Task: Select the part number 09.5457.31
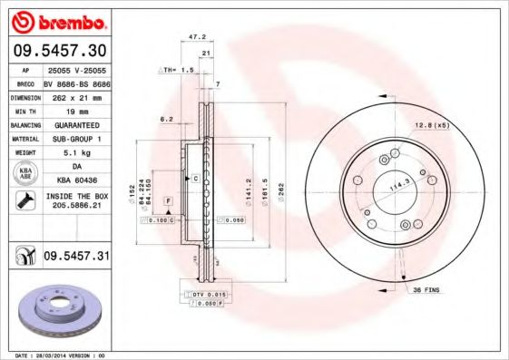pyautogui.click(x=76, y=258)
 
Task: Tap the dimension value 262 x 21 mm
pyautogui.click(x=76, y=97)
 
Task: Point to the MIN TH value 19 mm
pyautogui.click(x=76, y=110)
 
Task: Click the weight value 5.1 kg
pyautogui.click(x=76, y=153)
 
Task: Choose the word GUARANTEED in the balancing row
pyautogui.click(x=76, y=124)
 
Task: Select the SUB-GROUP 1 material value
pyautogui.click(x=76, y=139)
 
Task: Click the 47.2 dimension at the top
pyautogui.click(x=193, y=38)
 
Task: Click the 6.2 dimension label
pyautogui.click(x=166, y=120)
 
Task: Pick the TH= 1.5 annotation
pyautogui.click(x=178, y=69)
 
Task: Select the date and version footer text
pyautogui.click(x=58, y=355)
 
